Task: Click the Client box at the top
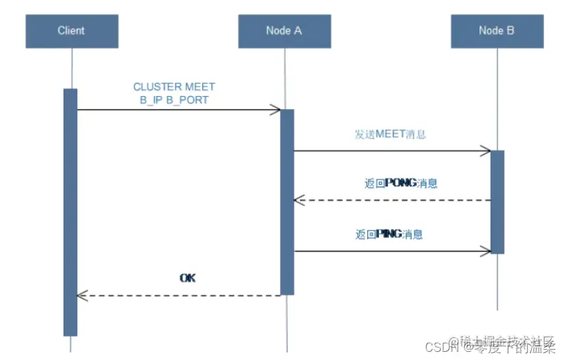pos(71,31)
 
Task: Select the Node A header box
pos(284,31)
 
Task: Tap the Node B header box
pos(497,31)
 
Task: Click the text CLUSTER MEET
pos(174,87)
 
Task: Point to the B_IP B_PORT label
pos(174,100)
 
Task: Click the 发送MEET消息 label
pos(390,134)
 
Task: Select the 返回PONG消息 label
pos(401,183)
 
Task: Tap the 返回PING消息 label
pos(389,234)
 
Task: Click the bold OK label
pos(188,278)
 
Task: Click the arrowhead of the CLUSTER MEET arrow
pos(275,110)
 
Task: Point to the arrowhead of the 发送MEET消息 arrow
pos(486,151)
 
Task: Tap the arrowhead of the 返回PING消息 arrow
pos(486,252)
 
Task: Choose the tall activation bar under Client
pos(70,212)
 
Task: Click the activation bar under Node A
pos(287,202)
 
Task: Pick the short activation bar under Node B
pos(497,202)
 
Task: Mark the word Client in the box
pos(71,31)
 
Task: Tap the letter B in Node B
pos(510,31)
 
